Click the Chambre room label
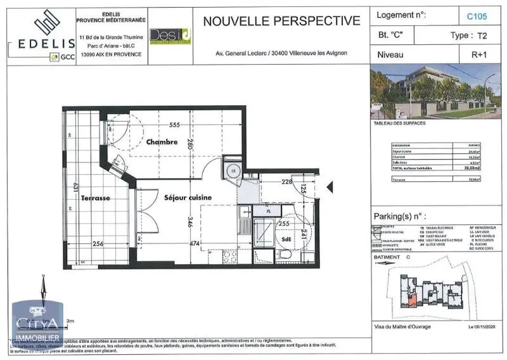click(x=162, y=142)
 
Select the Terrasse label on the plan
click(x=96, y=198)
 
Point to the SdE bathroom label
click(x=288, y=239)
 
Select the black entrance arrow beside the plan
click(x=328, y=186)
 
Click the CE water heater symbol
click(x=233, y=170)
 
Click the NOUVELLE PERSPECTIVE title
click(x=281, y=20)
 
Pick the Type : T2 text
click(x=470, y=35)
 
